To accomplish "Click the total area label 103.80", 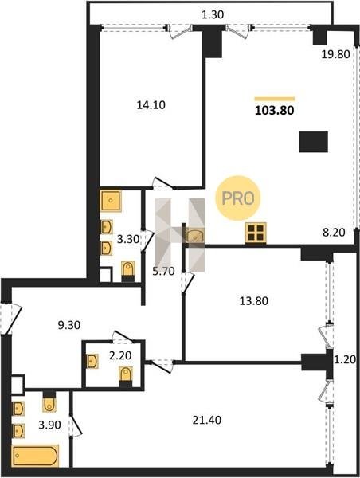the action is point(274,111).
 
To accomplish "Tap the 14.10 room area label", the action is point(151,105).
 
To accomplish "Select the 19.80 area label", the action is point(335,54).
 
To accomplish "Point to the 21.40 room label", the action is point(207,420).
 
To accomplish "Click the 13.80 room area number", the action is point(253,301).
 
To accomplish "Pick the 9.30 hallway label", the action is point(69,325).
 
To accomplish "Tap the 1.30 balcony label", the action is point(213,14).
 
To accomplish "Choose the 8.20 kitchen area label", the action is point(334,233).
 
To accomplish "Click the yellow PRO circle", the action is point(238,198).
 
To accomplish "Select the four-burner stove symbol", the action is point(256,233).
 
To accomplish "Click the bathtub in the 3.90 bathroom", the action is point(35,456).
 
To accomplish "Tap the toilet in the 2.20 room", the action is point(126,377).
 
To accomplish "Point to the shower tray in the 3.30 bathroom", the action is point(111,201).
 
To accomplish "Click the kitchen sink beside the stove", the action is point(194,236).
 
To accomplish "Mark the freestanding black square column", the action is point(313,142).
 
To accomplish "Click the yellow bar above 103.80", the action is point(275,99).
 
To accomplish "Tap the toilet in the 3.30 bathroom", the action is point(128,272).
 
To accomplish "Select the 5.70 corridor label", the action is point(164,271).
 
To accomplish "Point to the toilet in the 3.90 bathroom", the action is point(49,402).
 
